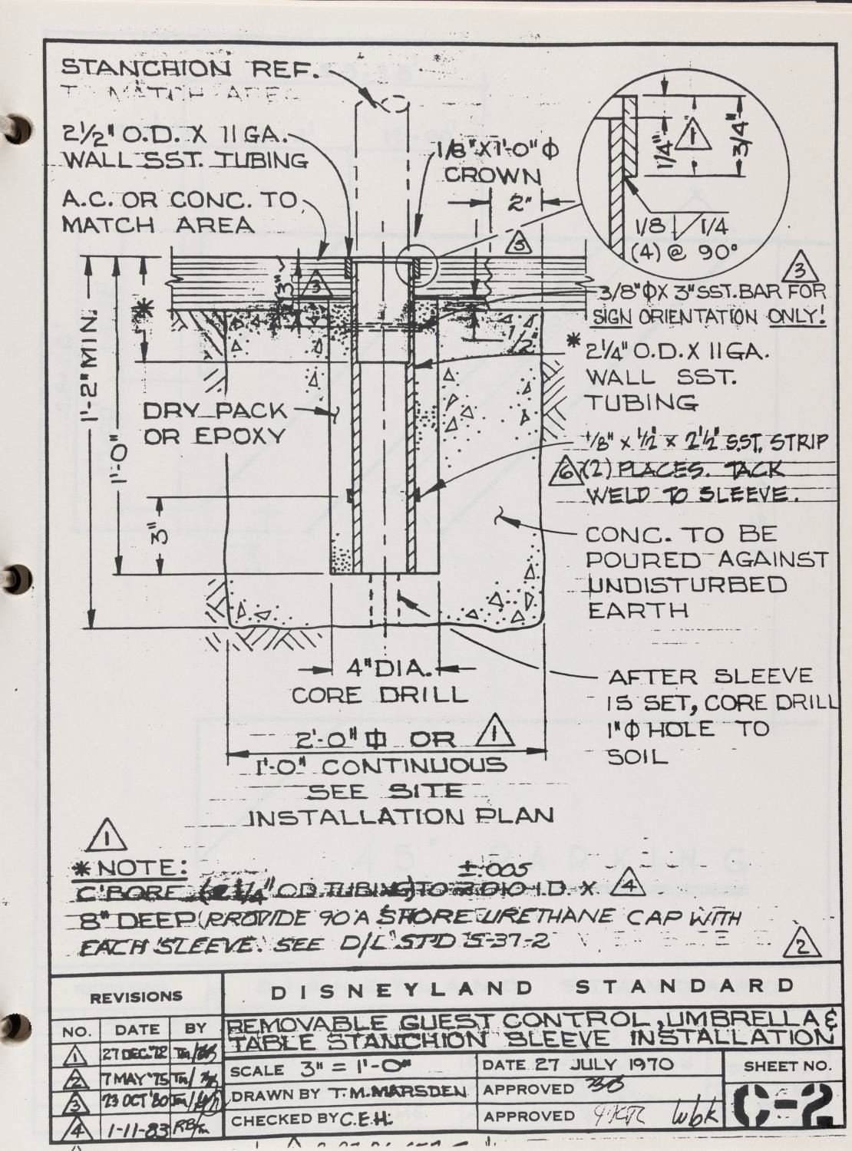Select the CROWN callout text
(x=493, y=175)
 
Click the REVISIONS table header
(x=136, y=998)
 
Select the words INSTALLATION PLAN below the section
(x=404, y=816)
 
